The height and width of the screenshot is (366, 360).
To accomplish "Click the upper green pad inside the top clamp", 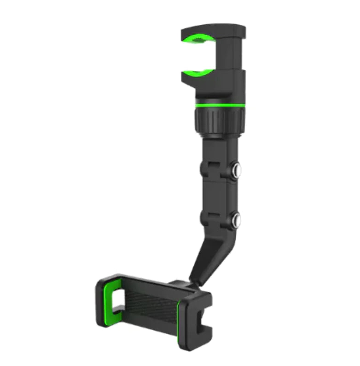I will click(x=199, y=39).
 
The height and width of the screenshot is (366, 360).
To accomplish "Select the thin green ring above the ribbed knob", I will click(x=220, y=105).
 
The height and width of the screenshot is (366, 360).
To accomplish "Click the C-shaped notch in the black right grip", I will click(x=203, y=318).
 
